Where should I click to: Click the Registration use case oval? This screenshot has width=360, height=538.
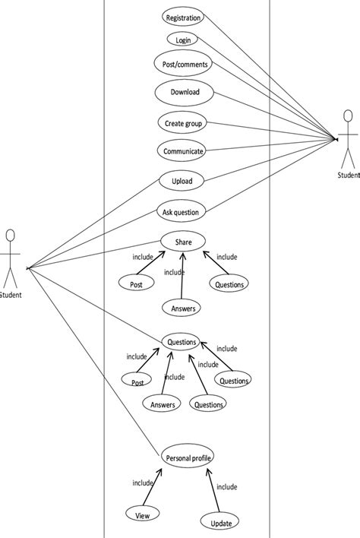click(x=183, y=17)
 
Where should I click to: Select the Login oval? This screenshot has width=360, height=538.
click(x=182, y=40)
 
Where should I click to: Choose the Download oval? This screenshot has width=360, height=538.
click(x=185, y=92)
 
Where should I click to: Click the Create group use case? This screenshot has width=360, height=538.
click(x=183, y=122)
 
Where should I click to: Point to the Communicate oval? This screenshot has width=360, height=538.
click(x=183, y=151)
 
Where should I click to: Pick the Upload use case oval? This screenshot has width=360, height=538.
click(x=182, y=181)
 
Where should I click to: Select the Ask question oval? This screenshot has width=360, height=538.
click(x=181, y=212)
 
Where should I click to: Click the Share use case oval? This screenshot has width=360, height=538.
click(x=183, y=242)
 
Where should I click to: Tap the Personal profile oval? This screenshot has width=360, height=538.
click(x=187, y=457)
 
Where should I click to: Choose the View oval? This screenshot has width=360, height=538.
click(x=142, y=514)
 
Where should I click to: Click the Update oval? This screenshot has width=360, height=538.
click(x=221, y=522)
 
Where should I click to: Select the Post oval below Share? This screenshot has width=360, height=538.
click(x=137, y=283)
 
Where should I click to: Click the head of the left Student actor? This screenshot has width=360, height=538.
click(x=10, y=235)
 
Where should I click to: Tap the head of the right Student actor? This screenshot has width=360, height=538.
click(x=349, y=117)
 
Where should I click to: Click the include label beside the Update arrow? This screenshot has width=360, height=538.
click(x=226, y=487)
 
